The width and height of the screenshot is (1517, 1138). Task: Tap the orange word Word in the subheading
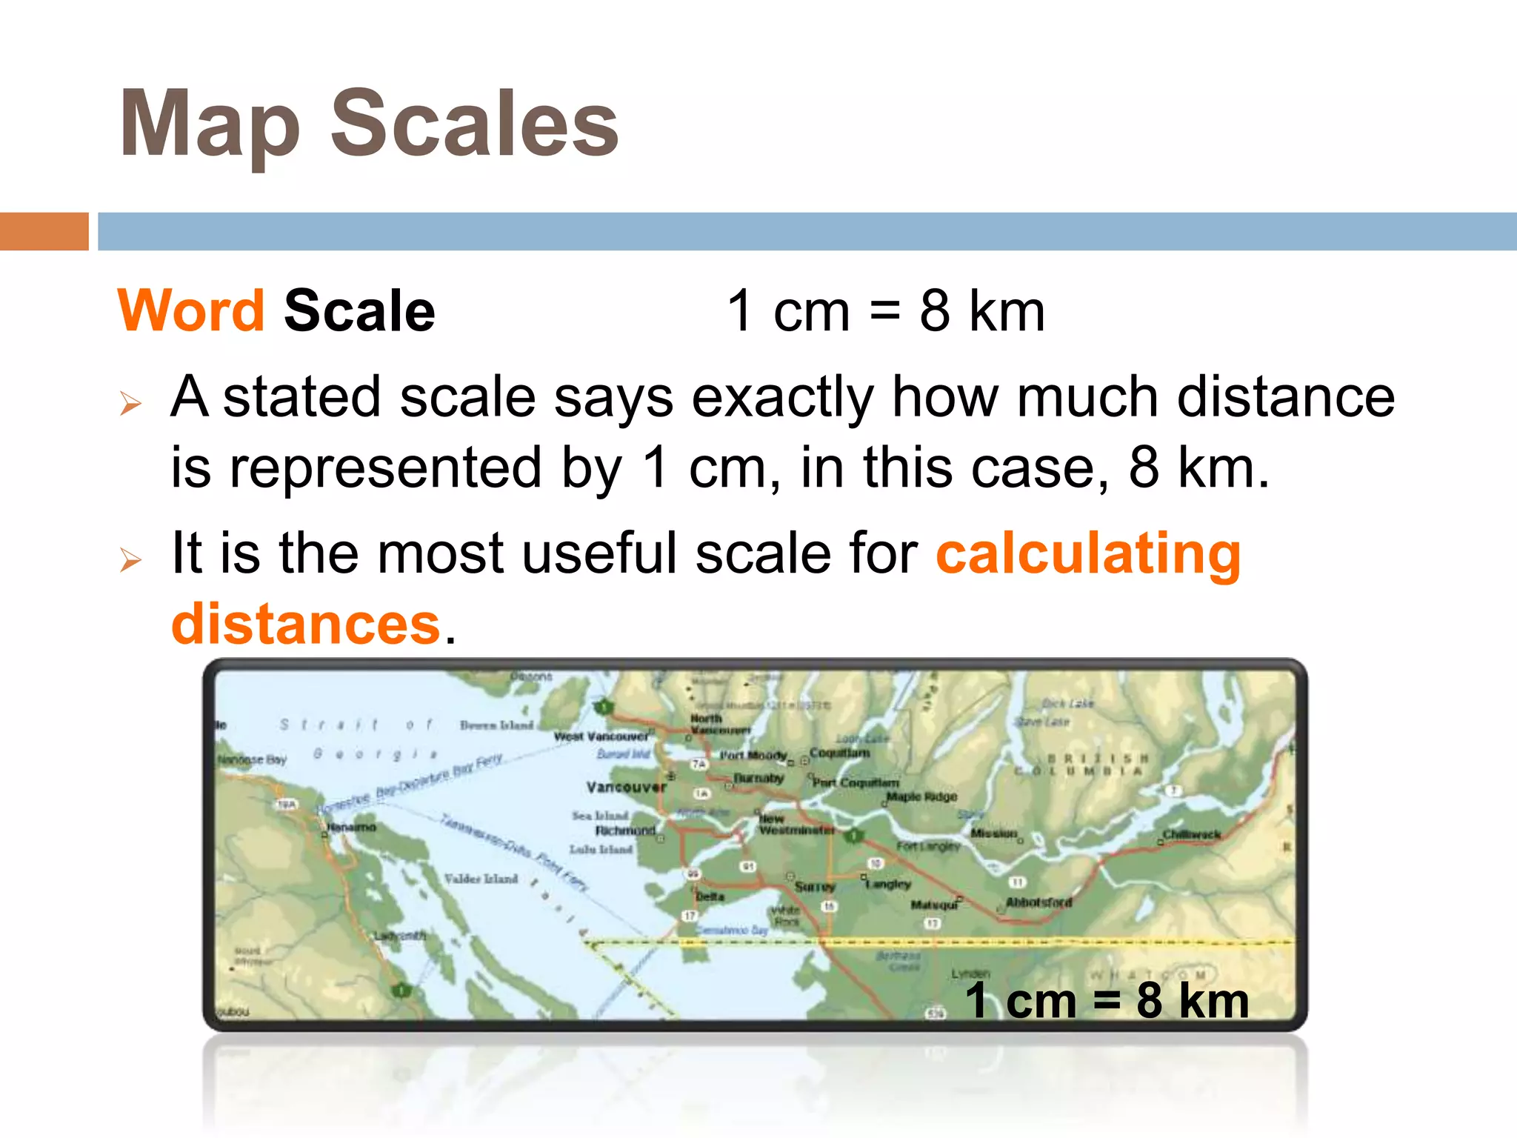(x=191, y=310)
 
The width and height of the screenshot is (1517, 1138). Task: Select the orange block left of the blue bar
(x=44, y=231)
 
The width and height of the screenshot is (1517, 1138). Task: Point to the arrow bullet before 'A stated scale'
(x=130, y=403)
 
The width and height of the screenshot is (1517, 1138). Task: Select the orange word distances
(x=306, y=624)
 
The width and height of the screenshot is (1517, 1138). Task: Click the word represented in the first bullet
(x=385, y=468)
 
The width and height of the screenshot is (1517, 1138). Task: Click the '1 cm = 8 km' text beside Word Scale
(x=886, y=311)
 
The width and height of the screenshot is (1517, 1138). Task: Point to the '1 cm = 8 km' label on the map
(x=1107, y=1001)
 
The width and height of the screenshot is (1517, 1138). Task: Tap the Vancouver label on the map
(x=626, y=787)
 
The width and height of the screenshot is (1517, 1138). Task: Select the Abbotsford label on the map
(x=1038, y=902)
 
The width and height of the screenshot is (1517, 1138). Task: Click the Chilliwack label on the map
(x=1191, y=834)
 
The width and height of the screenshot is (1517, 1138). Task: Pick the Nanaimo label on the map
(x=352, y=827)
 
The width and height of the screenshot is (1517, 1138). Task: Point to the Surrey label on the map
(x=815, y=886)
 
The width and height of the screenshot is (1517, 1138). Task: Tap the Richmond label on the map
(x=625, y=831)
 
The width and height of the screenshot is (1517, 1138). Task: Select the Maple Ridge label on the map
(x=921, y=797)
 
